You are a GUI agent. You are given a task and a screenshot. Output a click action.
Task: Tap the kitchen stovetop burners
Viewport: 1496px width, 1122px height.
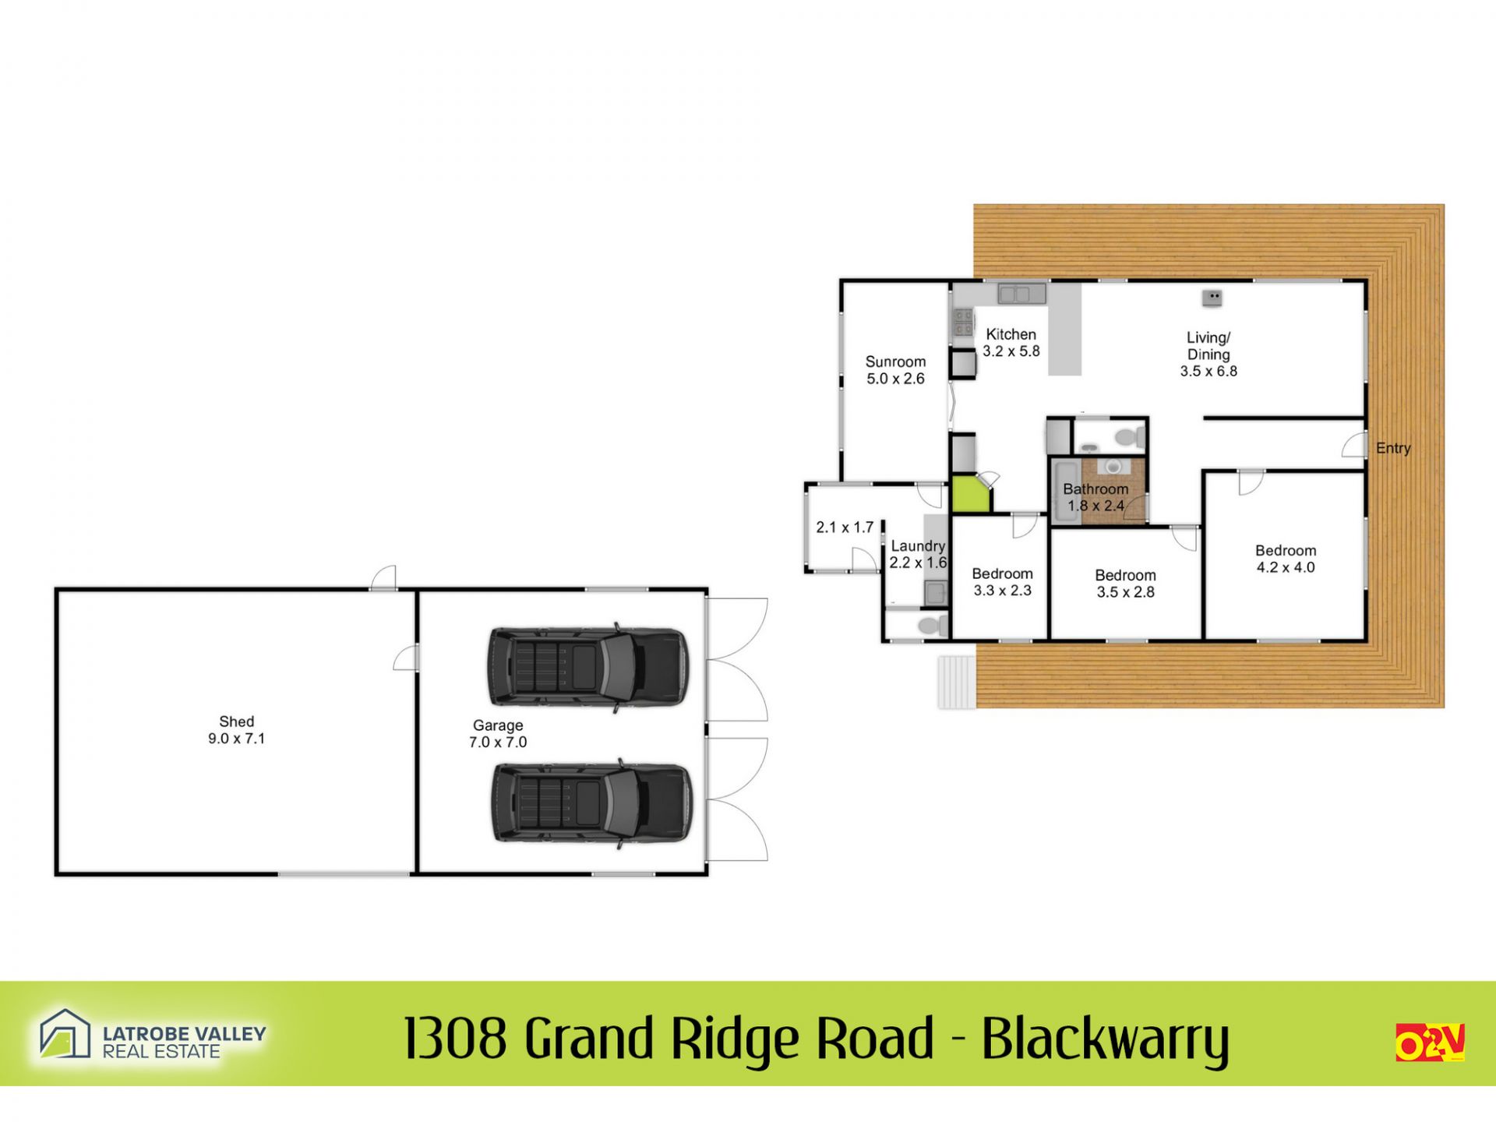point(964,322)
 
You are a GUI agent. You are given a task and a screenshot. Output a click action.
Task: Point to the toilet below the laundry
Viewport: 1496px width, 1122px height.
point(933,625)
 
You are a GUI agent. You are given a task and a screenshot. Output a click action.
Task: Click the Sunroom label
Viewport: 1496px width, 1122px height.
point(895,362)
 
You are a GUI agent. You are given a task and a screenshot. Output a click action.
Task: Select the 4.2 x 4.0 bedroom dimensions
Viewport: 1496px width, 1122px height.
point(1286,568)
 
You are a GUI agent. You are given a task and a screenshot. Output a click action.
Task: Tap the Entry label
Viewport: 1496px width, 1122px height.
point(1393,448)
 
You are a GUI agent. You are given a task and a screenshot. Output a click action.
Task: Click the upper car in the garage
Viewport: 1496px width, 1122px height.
point(588,667)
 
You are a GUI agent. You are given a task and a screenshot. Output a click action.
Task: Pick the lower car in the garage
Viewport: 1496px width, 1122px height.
point(591,803)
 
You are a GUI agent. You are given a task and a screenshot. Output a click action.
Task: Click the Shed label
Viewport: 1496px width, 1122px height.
point(237,722)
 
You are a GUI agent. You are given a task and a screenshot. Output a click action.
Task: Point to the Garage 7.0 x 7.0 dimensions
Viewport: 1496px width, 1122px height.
point(498,743)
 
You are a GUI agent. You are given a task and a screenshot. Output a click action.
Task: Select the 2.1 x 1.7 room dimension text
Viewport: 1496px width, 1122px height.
point(845,527)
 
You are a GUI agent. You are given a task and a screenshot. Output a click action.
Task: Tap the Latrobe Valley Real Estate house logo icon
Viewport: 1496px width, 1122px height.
point(65,1034)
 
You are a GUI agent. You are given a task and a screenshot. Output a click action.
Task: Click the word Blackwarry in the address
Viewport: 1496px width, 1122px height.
point(1106,1039)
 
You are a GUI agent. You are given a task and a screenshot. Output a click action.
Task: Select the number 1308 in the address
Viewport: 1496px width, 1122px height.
point(456,1038)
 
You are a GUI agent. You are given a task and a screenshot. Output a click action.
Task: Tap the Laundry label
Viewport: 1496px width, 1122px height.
point(918,546)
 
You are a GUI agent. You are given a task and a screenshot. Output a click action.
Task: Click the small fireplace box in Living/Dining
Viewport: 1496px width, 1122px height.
point(1212,297)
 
